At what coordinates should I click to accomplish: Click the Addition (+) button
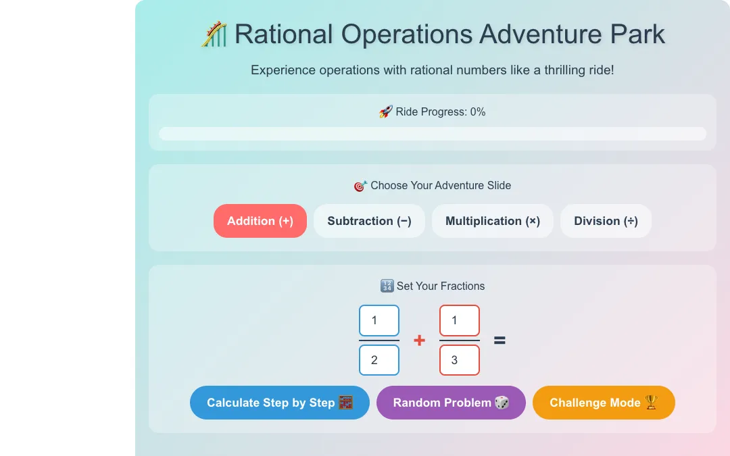[x=260, y=221]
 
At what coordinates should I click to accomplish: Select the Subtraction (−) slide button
[x=369, y=221]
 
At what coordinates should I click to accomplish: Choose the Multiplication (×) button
[x=493, y=221]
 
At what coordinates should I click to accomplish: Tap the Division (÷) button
[x=606, y=221]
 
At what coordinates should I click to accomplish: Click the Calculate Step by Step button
[x=280, y=403]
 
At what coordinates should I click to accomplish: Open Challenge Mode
[x=604, y=403]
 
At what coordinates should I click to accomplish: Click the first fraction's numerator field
[x=379, y=321]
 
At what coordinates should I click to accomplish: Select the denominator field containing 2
[x=379, y=360]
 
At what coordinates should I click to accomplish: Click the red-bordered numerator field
[x=460, y=321]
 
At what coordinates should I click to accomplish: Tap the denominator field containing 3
[x=460, y=360]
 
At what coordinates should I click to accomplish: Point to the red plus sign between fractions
[x=419, y=340]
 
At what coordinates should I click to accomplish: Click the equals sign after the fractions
[x=500, y=340]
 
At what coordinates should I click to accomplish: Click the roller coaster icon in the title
[x=214, y=34]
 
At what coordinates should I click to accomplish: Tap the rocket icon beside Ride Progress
[x=385, y=111]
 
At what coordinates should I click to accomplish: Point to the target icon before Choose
[x=360, y=186]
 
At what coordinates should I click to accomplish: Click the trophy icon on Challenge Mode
[x=652, y=402]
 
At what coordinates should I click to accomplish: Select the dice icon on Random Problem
[x=502, y=403]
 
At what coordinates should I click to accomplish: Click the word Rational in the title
[x=283, y=34]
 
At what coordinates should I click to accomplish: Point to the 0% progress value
[x=478, y=112]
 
